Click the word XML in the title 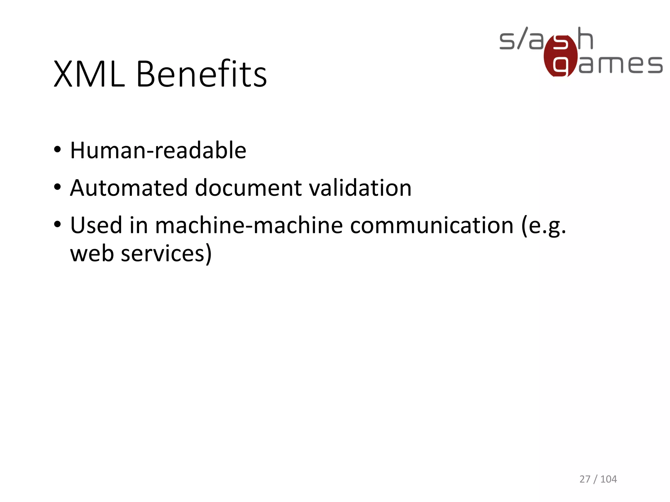89,74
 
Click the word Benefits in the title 201,74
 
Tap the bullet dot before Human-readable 58,150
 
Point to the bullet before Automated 58,187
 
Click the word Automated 129,188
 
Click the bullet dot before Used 58,225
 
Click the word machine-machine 249,225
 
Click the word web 92,254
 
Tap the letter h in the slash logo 585,39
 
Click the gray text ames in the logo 621,64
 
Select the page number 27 585,479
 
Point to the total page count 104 608,479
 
